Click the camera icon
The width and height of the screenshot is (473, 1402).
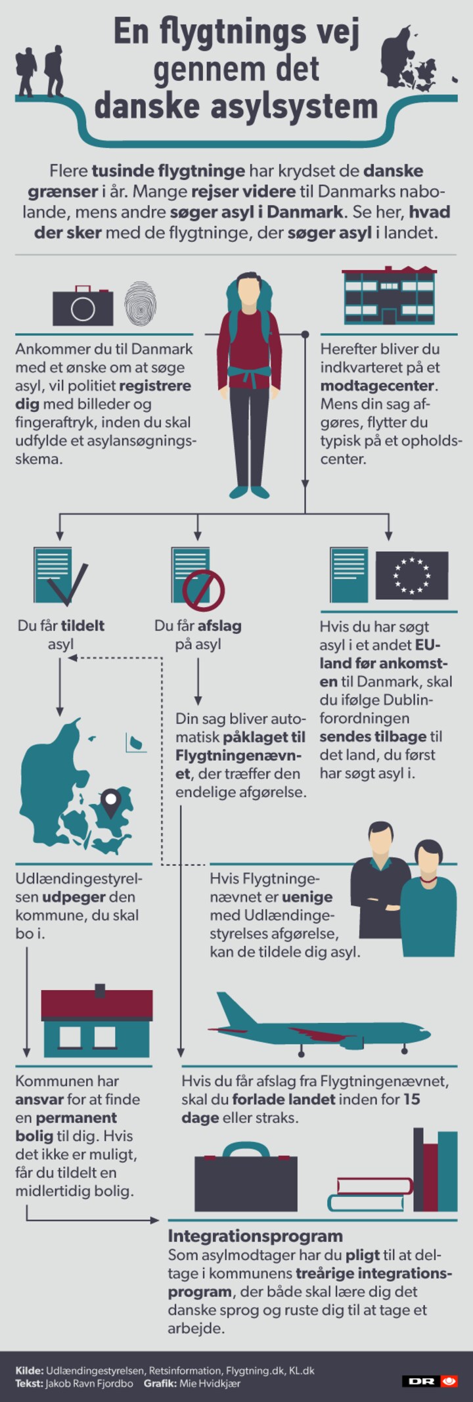[83, 305]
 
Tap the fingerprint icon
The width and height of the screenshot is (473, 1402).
[140, 304]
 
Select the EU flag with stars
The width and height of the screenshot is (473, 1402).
[412, 575]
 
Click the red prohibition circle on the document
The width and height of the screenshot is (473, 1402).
[204, 590]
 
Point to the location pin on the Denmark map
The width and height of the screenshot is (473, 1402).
[111, 803]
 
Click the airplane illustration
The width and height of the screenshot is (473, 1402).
[319, 1027]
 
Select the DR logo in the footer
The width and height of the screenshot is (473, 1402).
[430, 1381]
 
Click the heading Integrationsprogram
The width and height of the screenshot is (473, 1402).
[256, 1236]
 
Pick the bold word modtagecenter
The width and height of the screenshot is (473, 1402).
[377, 386]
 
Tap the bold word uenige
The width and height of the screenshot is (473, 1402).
[307, 897]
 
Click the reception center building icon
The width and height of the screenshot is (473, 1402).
[390, 296]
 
